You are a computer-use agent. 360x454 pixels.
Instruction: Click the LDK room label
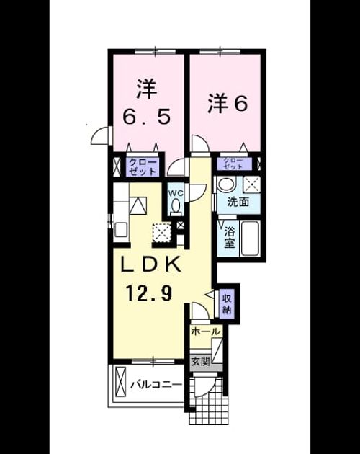click(151, 264)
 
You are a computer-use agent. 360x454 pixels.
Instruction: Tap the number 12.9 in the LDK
click(149, 293)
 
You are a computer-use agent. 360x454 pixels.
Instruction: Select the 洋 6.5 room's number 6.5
click(146, 117)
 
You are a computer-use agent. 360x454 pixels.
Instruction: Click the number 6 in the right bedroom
click(240, 104)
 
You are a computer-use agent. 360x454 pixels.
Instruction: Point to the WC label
click(175, 192)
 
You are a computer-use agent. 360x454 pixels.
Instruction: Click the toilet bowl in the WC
click(176, 207)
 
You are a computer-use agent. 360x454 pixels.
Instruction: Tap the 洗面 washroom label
click(238, 202)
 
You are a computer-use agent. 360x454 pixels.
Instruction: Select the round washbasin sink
click(226, 184)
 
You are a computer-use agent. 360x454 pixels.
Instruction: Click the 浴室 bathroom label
click(229, 237)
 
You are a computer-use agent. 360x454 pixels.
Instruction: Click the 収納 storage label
click(227, 304)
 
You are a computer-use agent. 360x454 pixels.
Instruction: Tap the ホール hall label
click(206, 331)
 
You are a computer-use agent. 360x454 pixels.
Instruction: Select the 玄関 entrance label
click(201, 361)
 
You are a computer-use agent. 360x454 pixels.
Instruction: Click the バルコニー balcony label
click(156, 385)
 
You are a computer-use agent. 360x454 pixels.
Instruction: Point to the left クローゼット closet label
click(143, 167)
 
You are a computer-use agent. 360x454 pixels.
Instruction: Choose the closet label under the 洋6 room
click(233, 164)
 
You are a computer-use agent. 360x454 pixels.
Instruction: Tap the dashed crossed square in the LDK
click(161, 233)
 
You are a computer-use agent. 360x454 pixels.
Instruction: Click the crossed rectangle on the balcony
click(120, 383)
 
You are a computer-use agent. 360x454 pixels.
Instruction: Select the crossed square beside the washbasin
click(251, 184)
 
